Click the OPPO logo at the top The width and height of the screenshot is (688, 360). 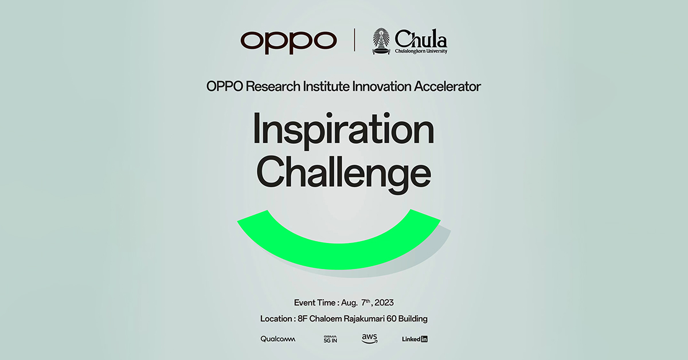pyautogui.click(x=288, y=42)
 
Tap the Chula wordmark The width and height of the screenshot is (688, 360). pyautogui.click(x=421, y=39)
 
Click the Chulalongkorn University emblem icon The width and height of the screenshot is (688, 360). pyautogui.click(x=381, y=41)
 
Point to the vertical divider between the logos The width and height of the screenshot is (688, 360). pyautogui.click(x=355, y=40)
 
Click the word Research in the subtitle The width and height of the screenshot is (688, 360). pyautogui.click(x=273, y=87)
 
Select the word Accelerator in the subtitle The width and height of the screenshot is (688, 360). pyautogui.click(x=447, y=87)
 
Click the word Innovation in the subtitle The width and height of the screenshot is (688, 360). pyautogui.click(x=381, y=87)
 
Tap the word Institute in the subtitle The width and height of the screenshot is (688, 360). pyautogui.click(x=326, y=87)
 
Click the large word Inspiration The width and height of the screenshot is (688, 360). pyautogui.click(x=343, y=130)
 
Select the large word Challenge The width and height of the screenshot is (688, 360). pyautogui.click(x=343, y=174)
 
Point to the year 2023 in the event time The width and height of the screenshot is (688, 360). pyautogui.click(x=384, y=303)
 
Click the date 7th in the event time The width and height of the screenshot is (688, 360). pyautogui.click(x=366, y=303)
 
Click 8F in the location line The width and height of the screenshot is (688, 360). pyautogui.click(x=303, y=319)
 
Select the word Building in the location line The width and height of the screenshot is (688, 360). pyautogui.click(x=412, y=319)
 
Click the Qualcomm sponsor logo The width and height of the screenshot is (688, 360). pyautogui.click(x=277, y=339)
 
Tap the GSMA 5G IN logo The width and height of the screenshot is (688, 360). pyautogui.click(x=330, y=339)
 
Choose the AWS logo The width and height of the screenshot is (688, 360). pyautogui.click(x=369, y=339)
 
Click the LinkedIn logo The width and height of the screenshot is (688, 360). pyautogui.click(x=415, y=339)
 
